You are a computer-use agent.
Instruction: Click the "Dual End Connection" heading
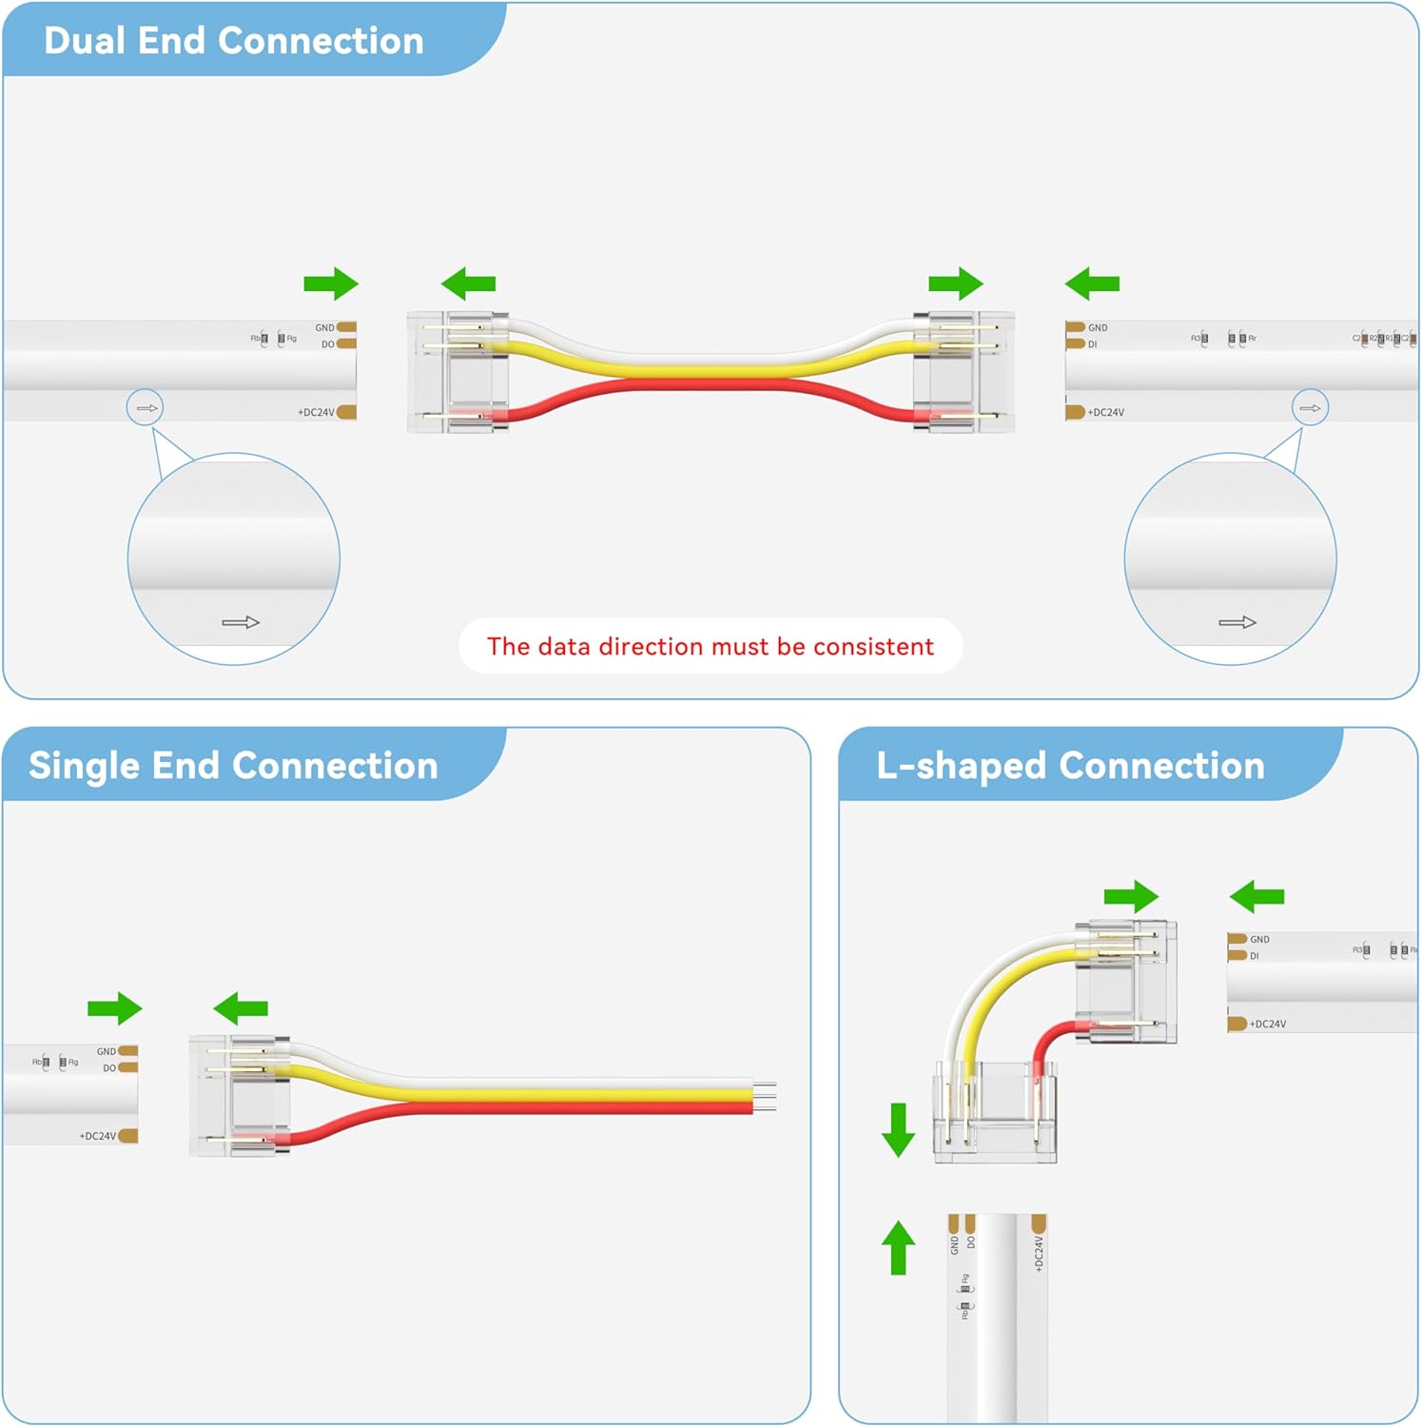pyautogui.click(x=234, y=41)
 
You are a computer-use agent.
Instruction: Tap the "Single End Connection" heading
pyautogui.click(x=233, y=766)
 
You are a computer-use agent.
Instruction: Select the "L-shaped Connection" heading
pyautogui.click(x=1070, y=766)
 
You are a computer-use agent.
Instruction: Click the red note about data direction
pyautogui.click(x=710, y=647)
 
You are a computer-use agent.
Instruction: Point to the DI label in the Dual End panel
pyautogui.click(x=1092, y=344)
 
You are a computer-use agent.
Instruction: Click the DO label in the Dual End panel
pyautogui.click(x=327, y=344)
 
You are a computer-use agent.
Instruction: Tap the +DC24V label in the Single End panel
pyautogui.click(x=97, y=1136)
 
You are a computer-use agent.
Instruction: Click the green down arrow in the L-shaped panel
pyautogui.click(x=898, y=1129)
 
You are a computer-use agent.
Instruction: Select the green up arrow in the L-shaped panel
pyautogui.click(x=898, y=1247)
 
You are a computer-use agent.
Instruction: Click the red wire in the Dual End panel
pyautogui.click(x=709, y=386)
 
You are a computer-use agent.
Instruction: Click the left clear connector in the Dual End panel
pyautogui.click(x=458, y=372)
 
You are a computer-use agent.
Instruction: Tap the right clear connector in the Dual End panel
pyautogui.click(x=963, y=372)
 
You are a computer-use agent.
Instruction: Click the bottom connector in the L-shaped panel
pyautogui.click(x=995, y=1113)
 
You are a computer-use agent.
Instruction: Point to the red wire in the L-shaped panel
pyautogui.click(x=1046, y=1042)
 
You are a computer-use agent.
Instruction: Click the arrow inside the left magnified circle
pyautogui.click(x=241, y=622)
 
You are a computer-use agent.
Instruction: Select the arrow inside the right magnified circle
pyautogui.click(x=1237, y=622)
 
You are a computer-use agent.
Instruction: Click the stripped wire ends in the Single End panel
pyautogui.click(x=766, y=1096)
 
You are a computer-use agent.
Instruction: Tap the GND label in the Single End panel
pyautogui.click(x=106, y=1051)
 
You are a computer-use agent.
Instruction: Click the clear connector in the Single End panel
pyautogui.click(x=240, y=1095)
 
